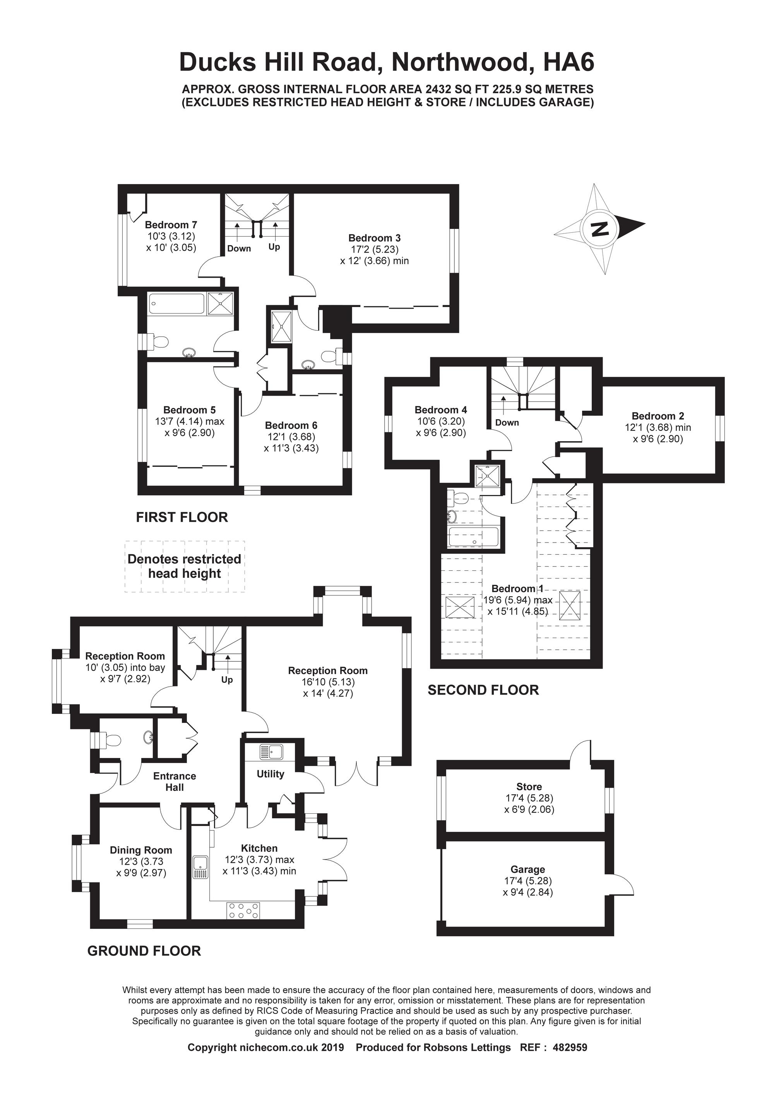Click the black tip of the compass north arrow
[645, 224]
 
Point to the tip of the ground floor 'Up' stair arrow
[227, 655]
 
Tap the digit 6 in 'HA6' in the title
[586, 62]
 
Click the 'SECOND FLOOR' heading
[483, 690]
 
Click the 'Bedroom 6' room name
[291, 425]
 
